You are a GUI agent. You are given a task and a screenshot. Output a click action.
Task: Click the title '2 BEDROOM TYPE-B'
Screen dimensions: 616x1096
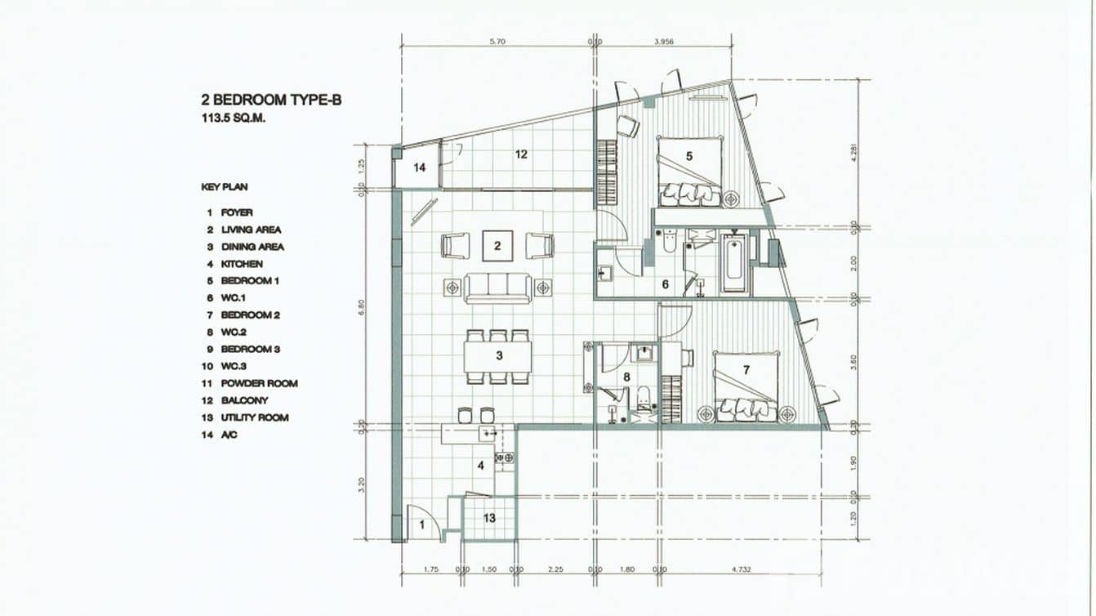pyautogui.click(x=270, y=100)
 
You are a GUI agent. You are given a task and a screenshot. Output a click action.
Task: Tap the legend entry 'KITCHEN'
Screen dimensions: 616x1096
pyautogui.click(x=242, y=264)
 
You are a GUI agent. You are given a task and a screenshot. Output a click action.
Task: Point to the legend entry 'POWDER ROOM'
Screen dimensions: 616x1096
pyautogui.click(x=259, y=383)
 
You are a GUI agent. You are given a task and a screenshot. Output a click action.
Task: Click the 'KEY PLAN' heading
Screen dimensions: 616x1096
pyautogui.click(x=224, y=187)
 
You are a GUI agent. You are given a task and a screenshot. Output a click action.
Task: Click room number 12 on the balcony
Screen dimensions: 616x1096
pyautogui.click(x=521, y=153)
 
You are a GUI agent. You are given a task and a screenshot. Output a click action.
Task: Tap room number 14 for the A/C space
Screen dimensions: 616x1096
pyautogui.click(x=419, y=167)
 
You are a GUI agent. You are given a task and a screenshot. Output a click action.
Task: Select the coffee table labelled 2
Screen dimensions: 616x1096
pyautogui.click(x=497, y=245)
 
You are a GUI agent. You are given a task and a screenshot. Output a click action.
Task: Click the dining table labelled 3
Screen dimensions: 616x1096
pyautogui.click(x=498, y=355)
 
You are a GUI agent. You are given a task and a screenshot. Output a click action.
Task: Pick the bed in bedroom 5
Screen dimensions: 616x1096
pyautogui.click(x=690, y=172)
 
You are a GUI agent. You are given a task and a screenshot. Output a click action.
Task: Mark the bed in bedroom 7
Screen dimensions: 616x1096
pyautogui.click(x=746, y=386)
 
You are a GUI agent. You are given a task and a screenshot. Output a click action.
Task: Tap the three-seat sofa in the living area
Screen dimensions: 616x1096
pyautogui.click(x=498, y=288)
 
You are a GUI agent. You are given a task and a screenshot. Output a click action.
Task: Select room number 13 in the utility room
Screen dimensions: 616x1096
pyautogui.click(x=489, y=518)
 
